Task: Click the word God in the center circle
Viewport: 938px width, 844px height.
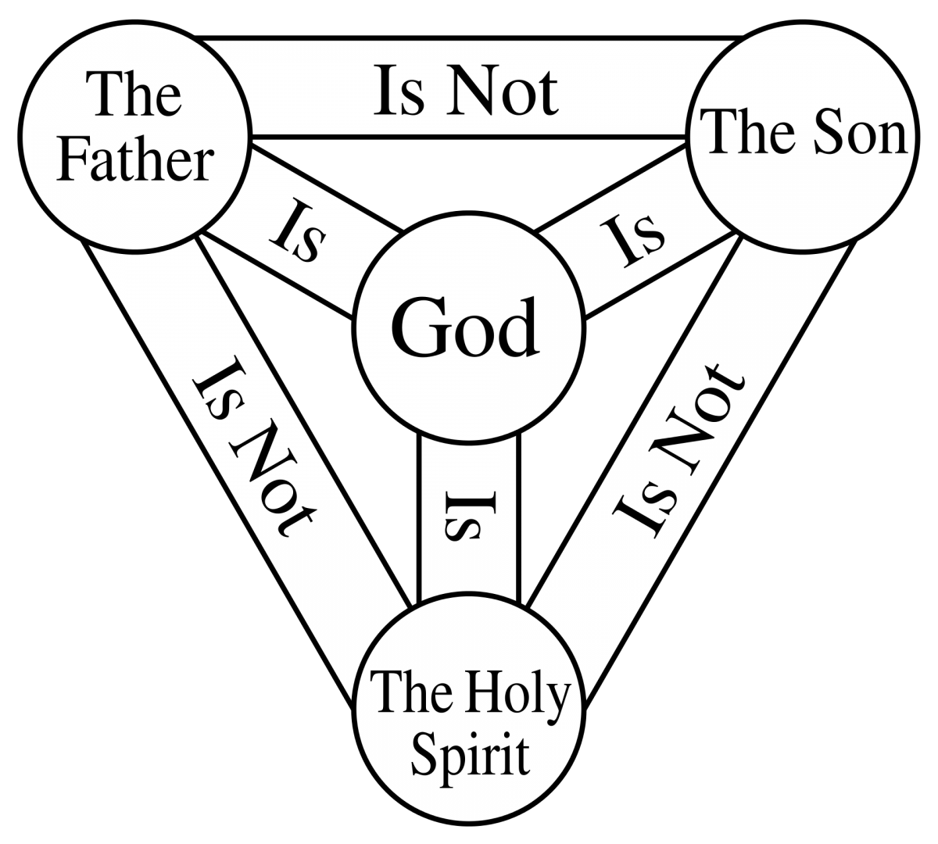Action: point(464,327)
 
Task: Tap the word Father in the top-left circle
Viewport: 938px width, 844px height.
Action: point(135,161)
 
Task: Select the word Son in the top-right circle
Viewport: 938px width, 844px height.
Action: point(860,132)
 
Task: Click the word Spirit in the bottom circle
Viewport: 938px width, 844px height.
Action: point(471,754)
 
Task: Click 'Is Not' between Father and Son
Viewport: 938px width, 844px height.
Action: point(466,91)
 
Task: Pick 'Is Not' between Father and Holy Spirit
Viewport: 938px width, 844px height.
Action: point(254,447)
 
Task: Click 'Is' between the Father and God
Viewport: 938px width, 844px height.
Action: point(298,230)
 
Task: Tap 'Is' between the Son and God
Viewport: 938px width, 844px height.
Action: point(632,241)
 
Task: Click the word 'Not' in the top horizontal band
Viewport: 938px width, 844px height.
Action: point(503,91)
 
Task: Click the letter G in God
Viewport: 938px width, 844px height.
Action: point(415,327)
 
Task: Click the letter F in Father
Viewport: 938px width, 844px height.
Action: point(72,161)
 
